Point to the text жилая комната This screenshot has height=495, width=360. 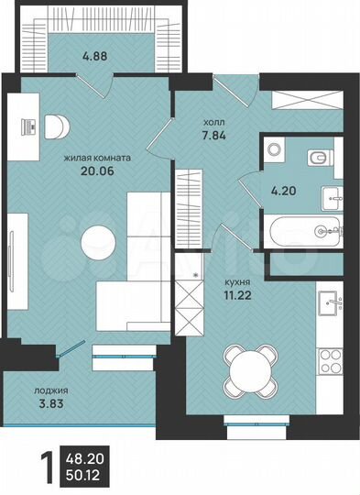(x=96, y=157)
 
